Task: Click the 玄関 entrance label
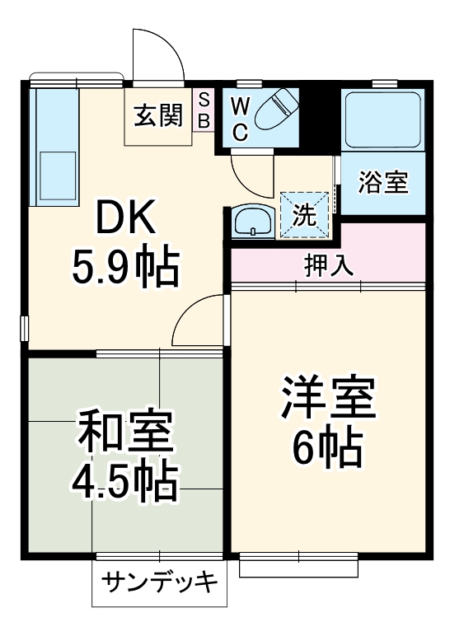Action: tap(157, 115)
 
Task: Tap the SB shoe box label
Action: tap(204, 110)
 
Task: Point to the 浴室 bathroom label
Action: tap(383, 182)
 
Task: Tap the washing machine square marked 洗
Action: tap(305, 214)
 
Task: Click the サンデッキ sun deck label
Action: tap(159, 583)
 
